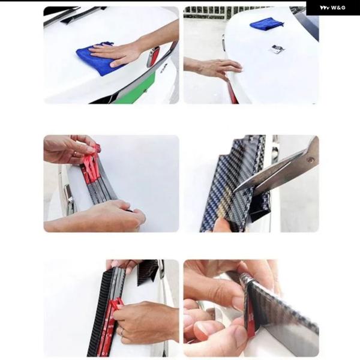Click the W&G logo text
332,8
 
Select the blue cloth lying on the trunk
266,23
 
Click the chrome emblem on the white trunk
277,49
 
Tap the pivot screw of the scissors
311,160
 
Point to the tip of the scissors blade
233,191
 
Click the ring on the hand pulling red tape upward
75,154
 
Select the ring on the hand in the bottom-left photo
122,332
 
